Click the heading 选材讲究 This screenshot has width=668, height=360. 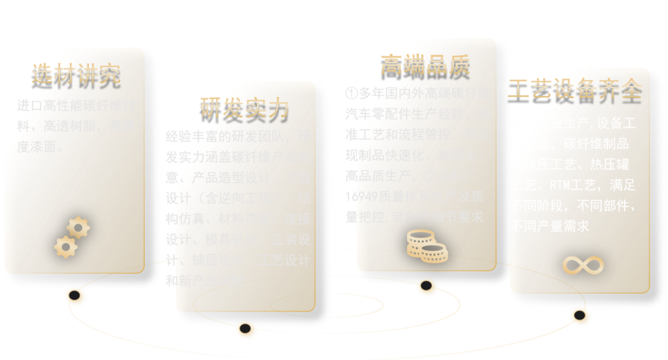point(75,74)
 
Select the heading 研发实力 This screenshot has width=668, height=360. point(244,108)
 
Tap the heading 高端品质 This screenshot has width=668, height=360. point(425,64)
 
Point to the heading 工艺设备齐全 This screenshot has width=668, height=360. point(575,90)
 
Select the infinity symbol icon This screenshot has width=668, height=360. point(583,265)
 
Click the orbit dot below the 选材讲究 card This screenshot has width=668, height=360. point(75,296)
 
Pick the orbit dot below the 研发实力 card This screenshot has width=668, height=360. point(246,328)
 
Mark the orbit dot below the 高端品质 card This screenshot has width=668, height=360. point(426,286)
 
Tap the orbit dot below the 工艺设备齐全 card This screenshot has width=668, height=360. point(580,315)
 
